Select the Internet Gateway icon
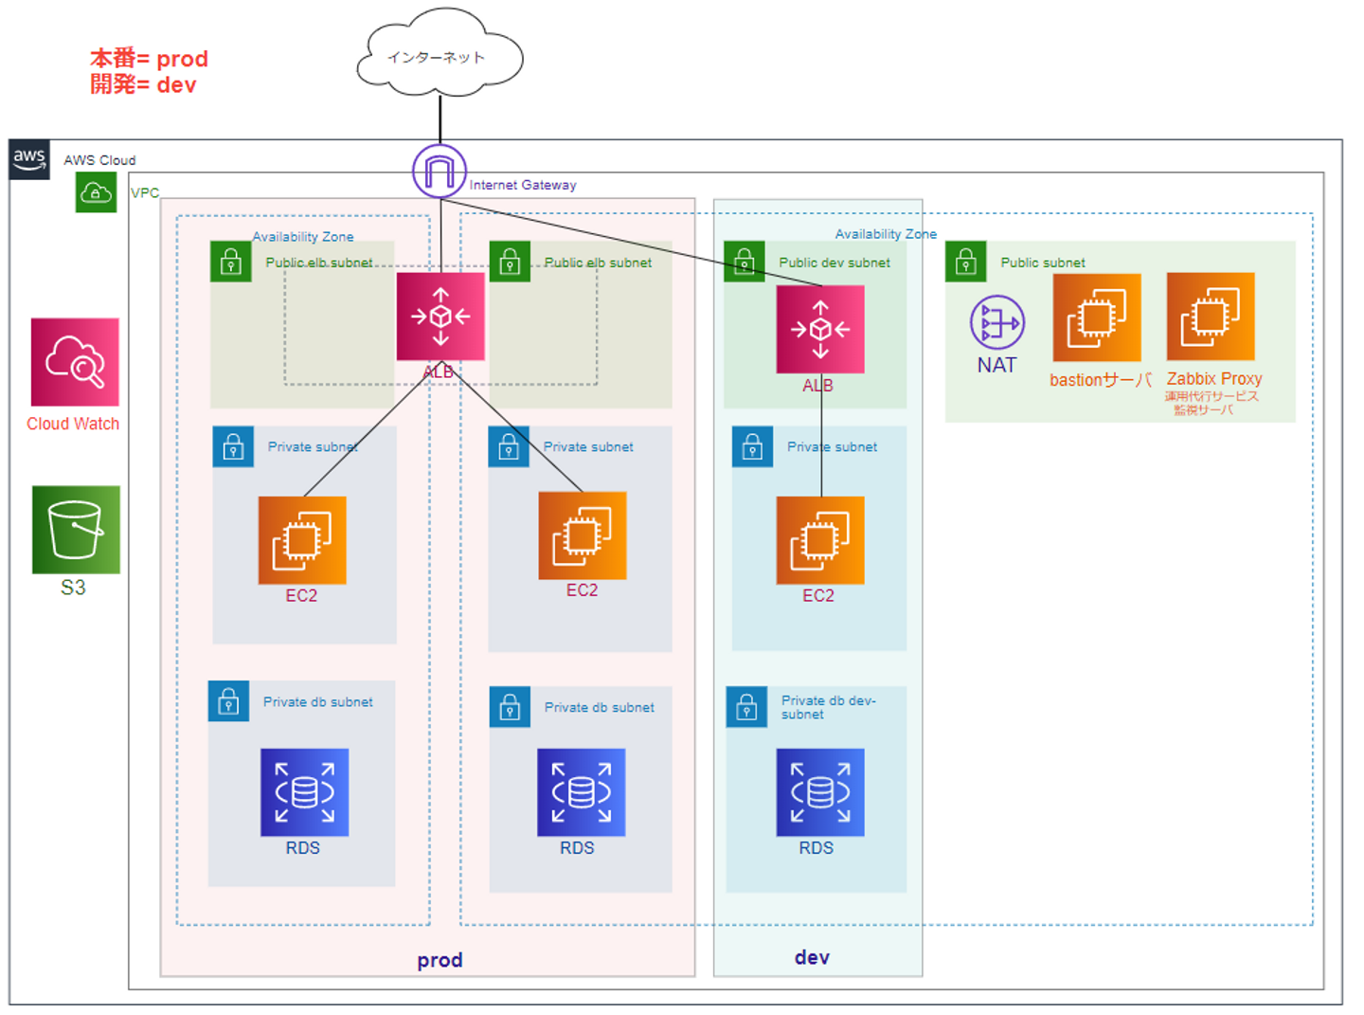440,172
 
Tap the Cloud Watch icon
75,362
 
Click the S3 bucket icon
76,530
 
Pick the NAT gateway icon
996,322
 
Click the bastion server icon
1096,318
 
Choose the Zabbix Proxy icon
1211,317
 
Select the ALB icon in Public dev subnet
820,329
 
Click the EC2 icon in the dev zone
820,540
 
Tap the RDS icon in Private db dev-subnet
820,792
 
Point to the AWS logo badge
29,159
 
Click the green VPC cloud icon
96,192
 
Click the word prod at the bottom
440,960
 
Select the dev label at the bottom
812,957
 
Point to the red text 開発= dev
143,85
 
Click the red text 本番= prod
149,59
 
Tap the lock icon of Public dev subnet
745,262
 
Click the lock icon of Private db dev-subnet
746,707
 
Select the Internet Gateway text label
523,185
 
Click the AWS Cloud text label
99,160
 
